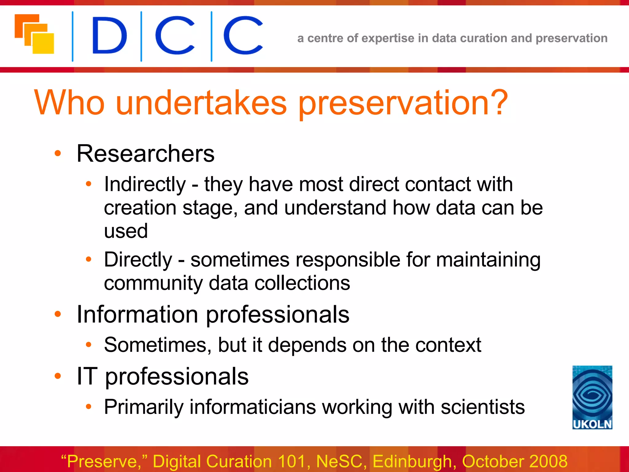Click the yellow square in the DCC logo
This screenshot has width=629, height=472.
pos(43,44)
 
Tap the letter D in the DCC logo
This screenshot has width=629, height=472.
pos(109,35)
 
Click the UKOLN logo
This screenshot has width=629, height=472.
pos(592,397)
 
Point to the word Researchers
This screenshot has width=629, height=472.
pos(145,153)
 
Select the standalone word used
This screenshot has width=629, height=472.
pos(126,231)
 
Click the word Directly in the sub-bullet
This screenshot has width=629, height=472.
pos(138,260)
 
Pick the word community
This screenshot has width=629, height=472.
pos(153,283)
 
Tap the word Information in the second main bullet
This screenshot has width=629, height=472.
pos(137,314)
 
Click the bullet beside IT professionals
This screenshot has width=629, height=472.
pos(58,376)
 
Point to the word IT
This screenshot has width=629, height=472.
pos(87,376)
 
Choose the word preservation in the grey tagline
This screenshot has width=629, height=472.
pos(572,38)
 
